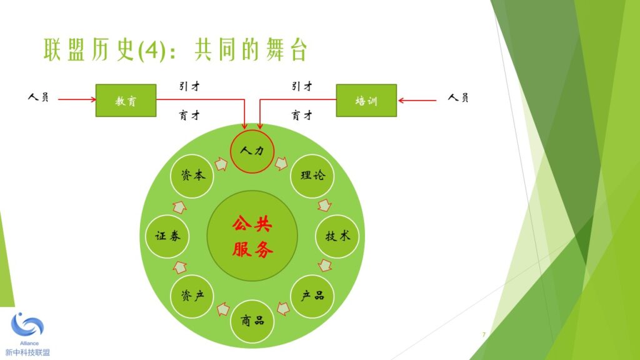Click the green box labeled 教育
tap(126, 101)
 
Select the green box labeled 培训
tap(366, 101)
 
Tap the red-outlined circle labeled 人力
tap(252, 151)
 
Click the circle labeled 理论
tap(312, 176)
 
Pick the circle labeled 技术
tap(337, 236)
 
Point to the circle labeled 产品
tap(312, 296)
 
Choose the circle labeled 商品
tap(252, 321)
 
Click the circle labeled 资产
tap(192, 296)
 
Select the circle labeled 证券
tap(167, 236)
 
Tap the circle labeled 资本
tap(192, 176)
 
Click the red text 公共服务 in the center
tap(252, 237)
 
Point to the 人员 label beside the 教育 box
tap(38, 97)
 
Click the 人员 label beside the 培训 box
tap(458, 97)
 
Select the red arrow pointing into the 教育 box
tap(77, 99)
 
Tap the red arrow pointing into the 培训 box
tap(417, 100)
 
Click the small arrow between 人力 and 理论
tap(281, 163)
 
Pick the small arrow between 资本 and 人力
tap(221, 164)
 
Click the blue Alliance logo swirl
tap(27, 325)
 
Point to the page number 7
tap(484, 335)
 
